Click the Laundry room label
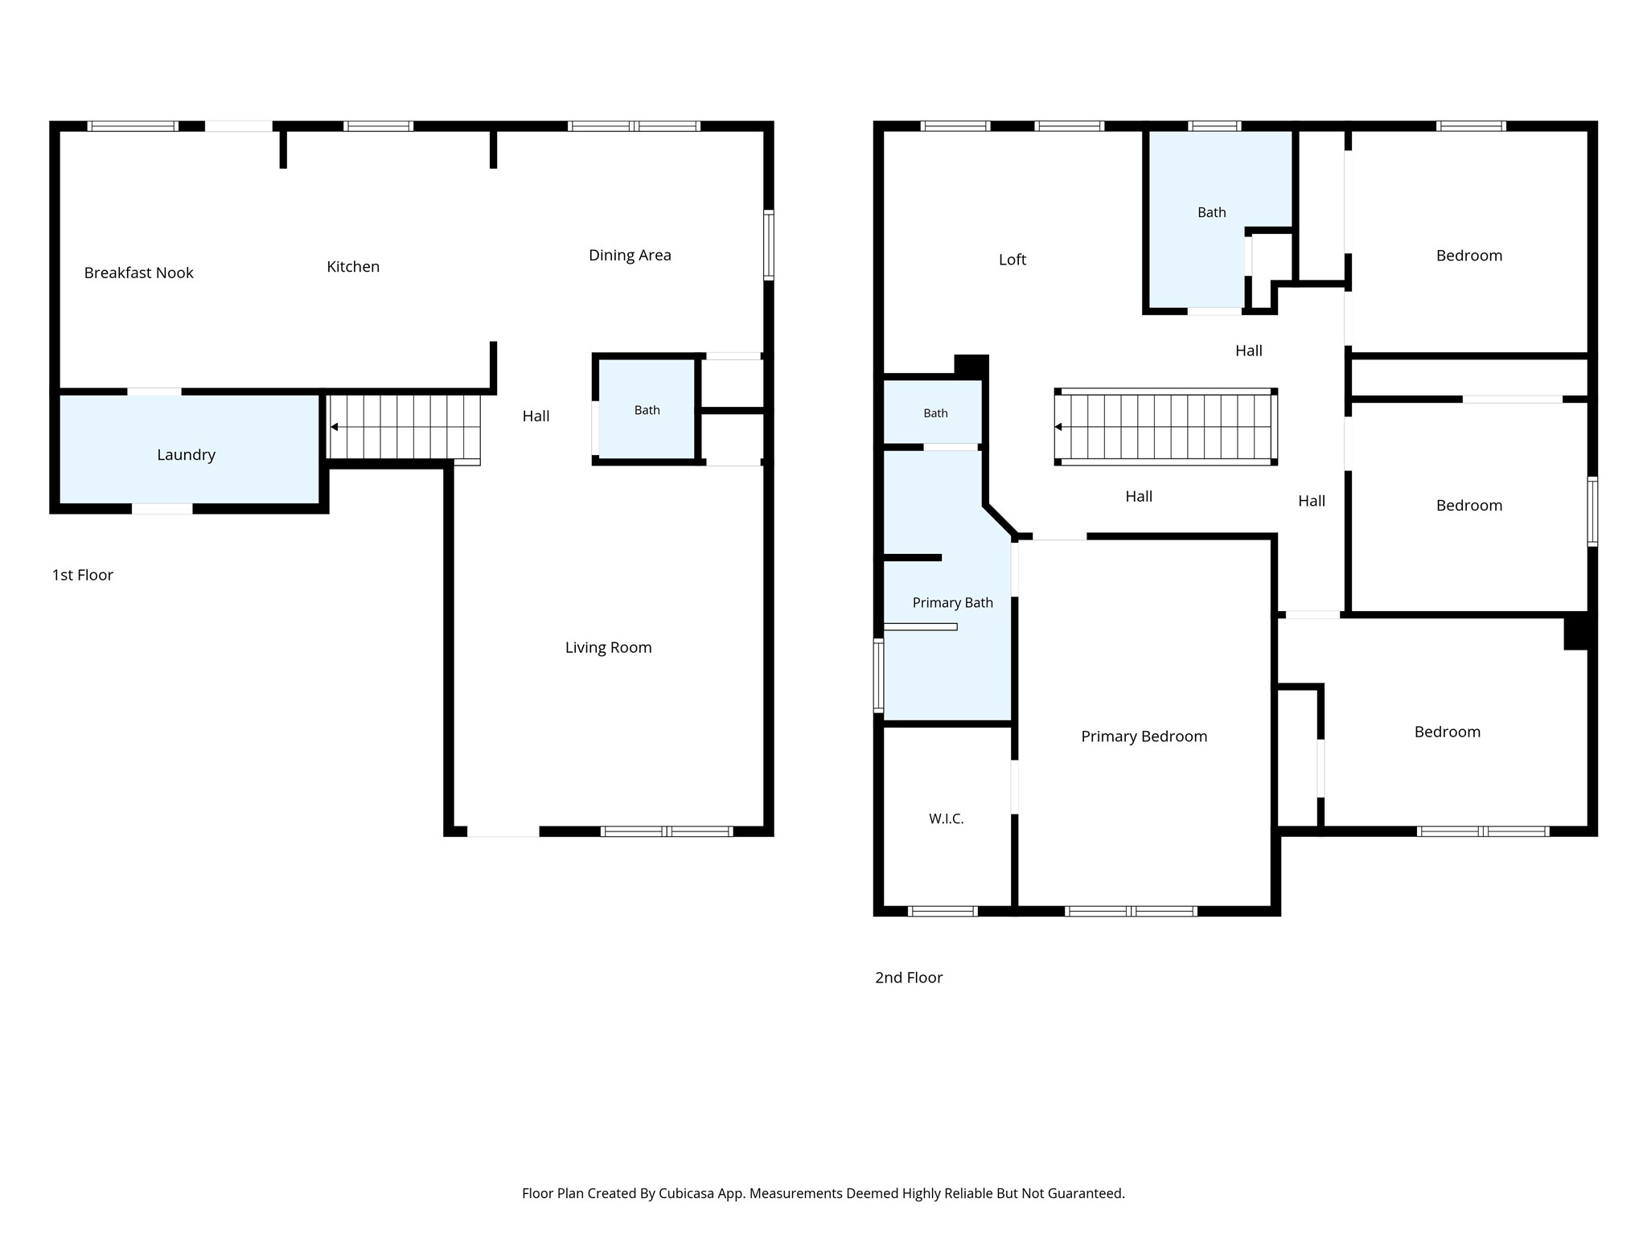point(186,455)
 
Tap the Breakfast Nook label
point(138,273)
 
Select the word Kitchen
point(353,266)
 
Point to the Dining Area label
point(630,256)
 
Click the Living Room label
point(608,648)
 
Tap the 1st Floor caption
point(83,575)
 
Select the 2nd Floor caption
point(909,978)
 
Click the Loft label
point(1012,260)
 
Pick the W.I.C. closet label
point(946,819)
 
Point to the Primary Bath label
point(952,603)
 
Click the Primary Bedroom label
point(1144,736)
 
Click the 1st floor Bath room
point(647,410)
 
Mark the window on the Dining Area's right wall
point(769,245)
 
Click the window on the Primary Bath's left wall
point(879,675)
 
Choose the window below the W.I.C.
point(943,911)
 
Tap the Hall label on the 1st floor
point(536,416)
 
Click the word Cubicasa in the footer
point(688,1194)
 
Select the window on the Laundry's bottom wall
point(162,509)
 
